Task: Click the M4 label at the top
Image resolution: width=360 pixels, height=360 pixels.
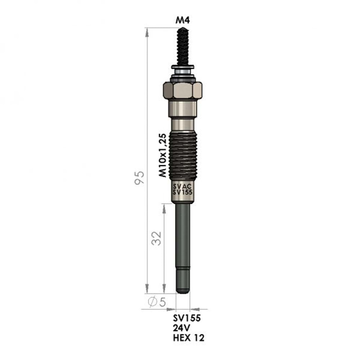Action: point(183,21)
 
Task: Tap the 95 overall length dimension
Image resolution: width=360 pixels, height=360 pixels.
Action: point(139,177)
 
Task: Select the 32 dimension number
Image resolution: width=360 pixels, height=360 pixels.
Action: point(157,238)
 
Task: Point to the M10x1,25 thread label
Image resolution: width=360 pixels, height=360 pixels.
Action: point(163,155)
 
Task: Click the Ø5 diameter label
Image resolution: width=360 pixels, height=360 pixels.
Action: point(157,302)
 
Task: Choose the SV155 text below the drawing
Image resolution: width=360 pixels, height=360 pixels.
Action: point(187,318)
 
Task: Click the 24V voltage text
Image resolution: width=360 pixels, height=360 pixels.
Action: point(181,328)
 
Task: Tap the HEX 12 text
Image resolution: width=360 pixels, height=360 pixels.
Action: point(189,338)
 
